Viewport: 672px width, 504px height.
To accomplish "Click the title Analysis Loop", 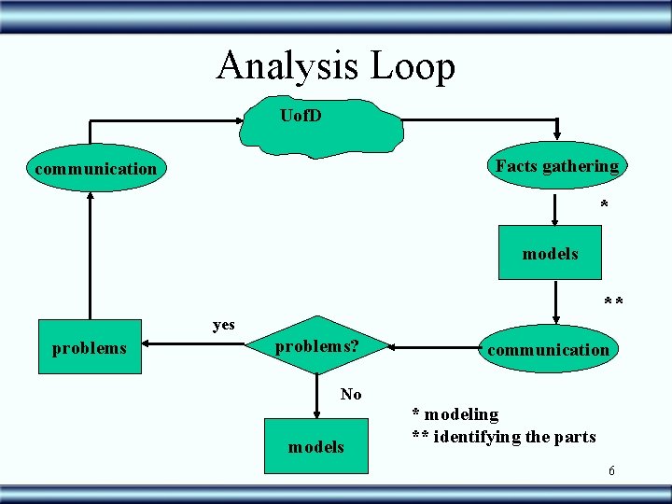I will [x=336, y=66].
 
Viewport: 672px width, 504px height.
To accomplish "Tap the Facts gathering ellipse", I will [x=557, y=166].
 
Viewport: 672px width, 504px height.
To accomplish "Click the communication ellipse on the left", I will [x=95, y=169].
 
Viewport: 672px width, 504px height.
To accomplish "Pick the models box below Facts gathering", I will [x=550, y=253].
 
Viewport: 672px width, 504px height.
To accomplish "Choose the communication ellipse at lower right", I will [x=548, y=350].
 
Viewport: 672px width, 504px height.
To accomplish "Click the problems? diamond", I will [x=315, y=347].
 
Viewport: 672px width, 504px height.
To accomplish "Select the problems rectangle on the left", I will [x=90, y=348].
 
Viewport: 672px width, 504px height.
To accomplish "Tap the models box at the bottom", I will [x=315, y=446].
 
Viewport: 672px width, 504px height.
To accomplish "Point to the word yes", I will [x=224, y=325].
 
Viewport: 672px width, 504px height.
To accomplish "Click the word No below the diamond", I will [x=351, y=394].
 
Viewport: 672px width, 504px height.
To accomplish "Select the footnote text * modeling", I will [x=455, y=413].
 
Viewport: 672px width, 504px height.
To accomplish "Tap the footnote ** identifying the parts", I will [x=504, y=436].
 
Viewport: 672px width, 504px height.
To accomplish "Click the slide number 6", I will [x=611, y=470].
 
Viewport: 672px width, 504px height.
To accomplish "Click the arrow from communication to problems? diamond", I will [x=434, y=348].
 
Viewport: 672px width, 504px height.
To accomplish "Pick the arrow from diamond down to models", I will [x=315, y=399].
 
